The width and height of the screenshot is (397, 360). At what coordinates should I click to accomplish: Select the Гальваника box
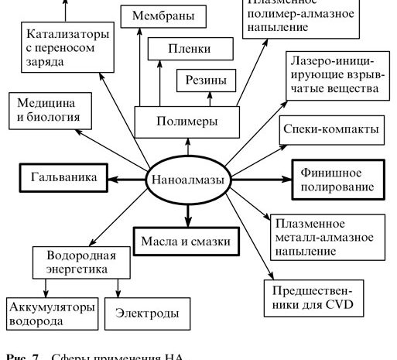63,177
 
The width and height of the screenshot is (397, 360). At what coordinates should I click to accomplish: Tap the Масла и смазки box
187,240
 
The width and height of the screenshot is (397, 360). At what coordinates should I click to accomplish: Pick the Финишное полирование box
336,178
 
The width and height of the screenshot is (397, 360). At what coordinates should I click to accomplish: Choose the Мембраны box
163,15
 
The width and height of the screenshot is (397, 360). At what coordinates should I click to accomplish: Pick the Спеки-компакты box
331,129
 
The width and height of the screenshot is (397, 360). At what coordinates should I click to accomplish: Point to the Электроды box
146,314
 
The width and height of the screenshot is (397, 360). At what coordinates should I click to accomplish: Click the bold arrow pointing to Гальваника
125,178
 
